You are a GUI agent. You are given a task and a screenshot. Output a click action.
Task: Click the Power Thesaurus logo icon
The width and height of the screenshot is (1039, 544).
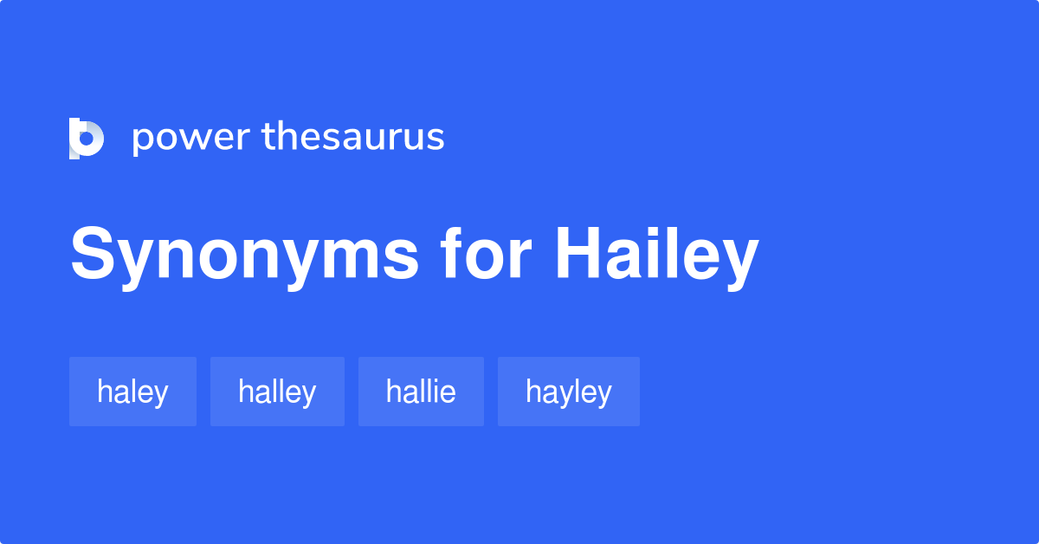87,139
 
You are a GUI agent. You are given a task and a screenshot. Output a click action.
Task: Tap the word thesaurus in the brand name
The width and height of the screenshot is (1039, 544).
353,137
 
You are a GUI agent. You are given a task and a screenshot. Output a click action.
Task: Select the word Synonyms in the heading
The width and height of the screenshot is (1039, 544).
245,255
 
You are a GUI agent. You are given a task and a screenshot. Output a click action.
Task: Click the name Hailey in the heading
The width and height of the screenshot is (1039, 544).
656,255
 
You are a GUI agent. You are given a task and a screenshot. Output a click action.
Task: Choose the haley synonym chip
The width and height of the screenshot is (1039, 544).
132,392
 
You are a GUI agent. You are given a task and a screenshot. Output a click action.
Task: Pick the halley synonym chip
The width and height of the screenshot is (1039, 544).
277,392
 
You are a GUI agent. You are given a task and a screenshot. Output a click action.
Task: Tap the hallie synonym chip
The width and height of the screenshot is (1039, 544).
421,392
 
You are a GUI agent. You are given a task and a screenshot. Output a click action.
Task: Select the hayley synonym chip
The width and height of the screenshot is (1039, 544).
568,392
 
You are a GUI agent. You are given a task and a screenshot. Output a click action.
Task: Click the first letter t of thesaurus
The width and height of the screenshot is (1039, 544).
268,136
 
